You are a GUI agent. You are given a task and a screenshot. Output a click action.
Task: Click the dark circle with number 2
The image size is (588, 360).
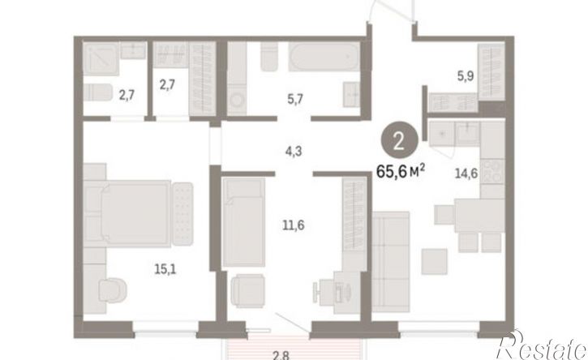[399, 142]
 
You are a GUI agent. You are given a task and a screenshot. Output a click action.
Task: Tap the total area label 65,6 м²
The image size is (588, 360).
[401, 172]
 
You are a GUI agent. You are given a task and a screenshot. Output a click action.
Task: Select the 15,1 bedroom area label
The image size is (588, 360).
[165, 269]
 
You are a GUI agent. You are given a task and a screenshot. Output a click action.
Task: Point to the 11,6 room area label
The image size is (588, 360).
[294, 225]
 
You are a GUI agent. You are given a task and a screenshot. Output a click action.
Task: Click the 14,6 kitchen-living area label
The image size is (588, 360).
[466, 174]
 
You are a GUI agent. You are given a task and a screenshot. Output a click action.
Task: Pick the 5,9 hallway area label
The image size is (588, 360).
[466, 76]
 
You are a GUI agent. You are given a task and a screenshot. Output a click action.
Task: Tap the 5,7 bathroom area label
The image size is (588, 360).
[294, 100]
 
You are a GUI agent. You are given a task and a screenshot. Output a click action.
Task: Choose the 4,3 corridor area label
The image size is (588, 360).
[294, 152]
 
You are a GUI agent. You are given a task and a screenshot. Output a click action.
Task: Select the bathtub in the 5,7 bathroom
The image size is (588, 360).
[324, 56]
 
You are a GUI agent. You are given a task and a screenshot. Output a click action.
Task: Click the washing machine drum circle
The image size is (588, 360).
[237, 100]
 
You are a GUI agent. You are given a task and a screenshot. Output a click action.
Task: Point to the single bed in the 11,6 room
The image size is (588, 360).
[244, 222]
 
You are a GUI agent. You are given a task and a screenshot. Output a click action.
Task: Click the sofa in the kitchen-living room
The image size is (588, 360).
[391, 262]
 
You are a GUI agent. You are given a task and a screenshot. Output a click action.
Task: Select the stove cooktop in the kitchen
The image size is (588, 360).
[492, 171]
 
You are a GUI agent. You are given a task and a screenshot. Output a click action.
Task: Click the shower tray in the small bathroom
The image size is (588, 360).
[101, 59]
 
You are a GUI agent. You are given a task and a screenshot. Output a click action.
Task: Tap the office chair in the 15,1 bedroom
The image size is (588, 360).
[112, 290]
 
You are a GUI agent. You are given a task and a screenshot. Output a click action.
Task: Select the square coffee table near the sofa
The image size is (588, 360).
[434, 261]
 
